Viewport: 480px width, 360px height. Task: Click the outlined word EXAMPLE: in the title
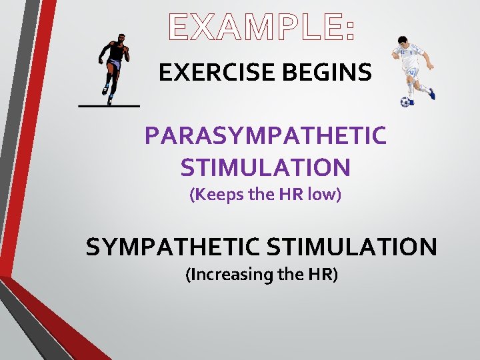tap(262, 28)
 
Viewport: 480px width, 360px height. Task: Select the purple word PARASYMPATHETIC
tap(265, 136)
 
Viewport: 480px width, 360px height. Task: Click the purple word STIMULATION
tap(265, 167)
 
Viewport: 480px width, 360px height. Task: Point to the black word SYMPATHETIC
tap(173, 247)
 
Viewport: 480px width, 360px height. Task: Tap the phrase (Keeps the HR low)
tap(265, 195)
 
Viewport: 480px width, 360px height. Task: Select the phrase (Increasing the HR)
tap(262, 275)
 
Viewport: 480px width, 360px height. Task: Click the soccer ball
tap(405, 102)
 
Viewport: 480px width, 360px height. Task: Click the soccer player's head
tap(402, 41)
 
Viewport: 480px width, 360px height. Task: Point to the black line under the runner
tap(109, 106)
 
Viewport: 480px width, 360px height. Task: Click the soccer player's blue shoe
tap(432, 95)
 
